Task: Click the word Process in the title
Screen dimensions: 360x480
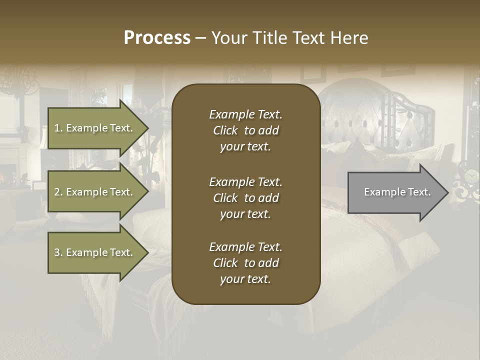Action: pyautogui.click(x=157, y=38)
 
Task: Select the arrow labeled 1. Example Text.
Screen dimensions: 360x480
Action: pyautogui.click(x=95, y=128)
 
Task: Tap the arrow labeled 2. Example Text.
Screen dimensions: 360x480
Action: pyautogui.click(x=95, y=192)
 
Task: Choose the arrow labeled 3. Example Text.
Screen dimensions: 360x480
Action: pyautogui.click(x=95, y=252)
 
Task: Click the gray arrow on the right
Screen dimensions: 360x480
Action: pyautogui.click(x=395, y=192)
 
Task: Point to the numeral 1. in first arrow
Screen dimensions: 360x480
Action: pyautogui.click(x=58, y=128)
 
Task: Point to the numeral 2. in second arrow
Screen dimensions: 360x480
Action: pyautogui.click(x=58, y=192)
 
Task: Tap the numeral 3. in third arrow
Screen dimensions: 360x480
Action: pyautogui.click(x=58, y=252)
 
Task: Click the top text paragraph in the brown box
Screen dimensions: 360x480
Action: pyautogui.click(x=245, y=130)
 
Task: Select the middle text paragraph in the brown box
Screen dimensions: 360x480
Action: pyautogui.click(x=245, y=197)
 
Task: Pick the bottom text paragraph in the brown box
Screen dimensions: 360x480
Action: pyautogui.click(x=245, y=263)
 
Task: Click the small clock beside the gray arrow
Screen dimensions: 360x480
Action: pyautogui.click(x=471, y=176)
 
